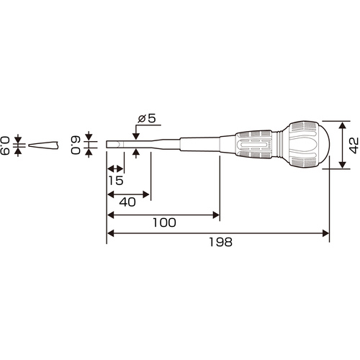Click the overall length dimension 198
tap(220, 242)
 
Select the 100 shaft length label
tap(164, 222)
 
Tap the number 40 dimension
tap(127, 202)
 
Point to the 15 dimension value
tap(116, 181)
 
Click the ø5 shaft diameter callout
tap(147, 118)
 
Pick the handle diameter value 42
tap(354, 145)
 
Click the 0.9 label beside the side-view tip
tap(5, 145)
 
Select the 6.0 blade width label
tap(75, 145)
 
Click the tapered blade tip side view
tap(43, 145)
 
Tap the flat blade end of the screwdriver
tap(114, 145)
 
